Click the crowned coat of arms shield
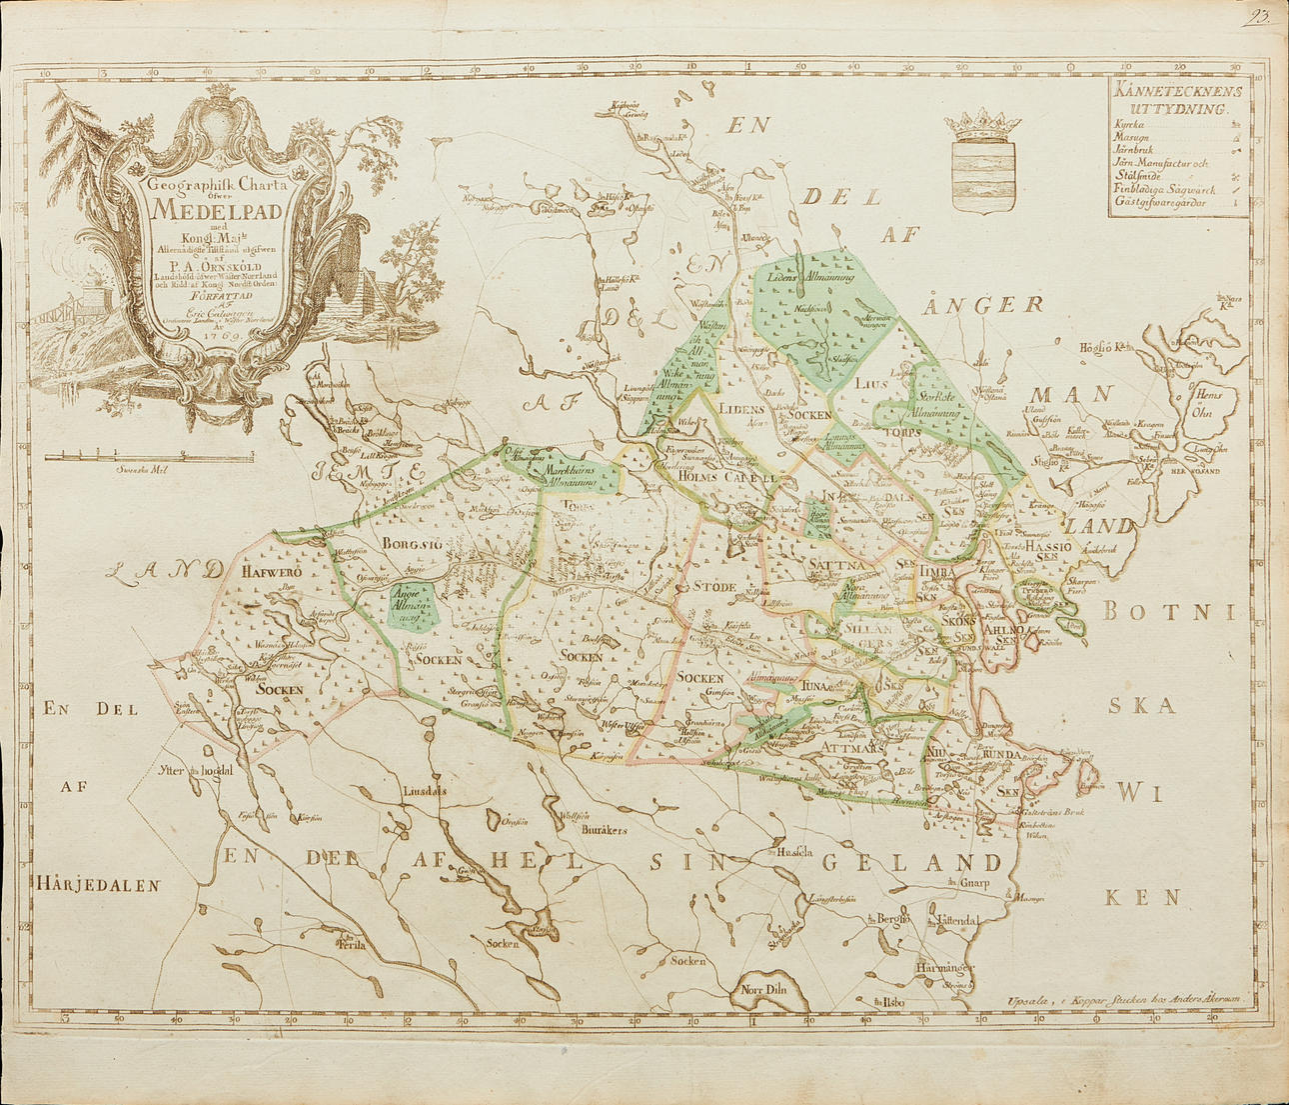pyautogui.click(x=983, y=165)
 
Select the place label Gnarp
pyautogui.click(x=981, y=883)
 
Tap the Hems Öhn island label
pyautogui.click(x=1210, y=402)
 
